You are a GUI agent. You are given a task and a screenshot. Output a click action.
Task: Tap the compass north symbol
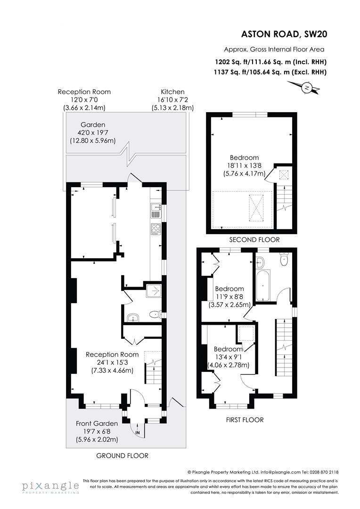(307, 87)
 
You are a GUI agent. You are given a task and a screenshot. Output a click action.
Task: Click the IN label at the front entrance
(138, 432)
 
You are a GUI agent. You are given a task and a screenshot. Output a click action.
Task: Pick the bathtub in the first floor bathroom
(262, 285)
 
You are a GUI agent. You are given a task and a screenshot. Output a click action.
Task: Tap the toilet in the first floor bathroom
(283, 259)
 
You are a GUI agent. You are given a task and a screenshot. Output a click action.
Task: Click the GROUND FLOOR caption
(122, 456)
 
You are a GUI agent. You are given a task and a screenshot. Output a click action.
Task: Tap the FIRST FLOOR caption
(245, 419)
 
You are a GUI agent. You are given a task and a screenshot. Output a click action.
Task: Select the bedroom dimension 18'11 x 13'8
(244, 165)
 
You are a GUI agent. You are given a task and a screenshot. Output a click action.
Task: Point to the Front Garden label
(97, 424)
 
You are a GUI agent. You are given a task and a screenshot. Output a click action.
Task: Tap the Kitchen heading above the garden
(172, 92)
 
